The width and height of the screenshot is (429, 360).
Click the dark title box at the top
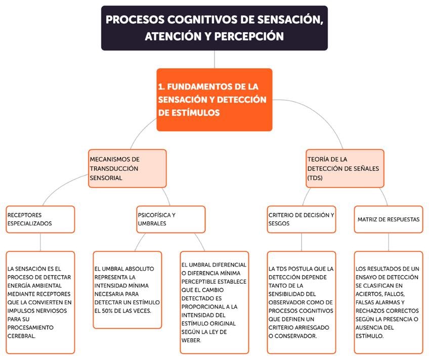coord(214,28)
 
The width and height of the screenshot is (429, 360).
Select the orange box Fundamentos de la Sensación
coord(214,100)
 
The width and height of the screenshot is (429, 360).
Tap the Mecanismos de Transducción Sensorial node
coord(127,168)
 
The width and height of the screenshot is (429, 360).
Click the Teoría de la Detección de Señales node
coord(345,168)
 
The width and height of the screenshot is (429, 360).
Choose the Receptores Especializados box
coord(40,219)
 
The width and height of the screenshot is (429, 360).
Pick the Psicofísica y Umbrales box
coord(171,219)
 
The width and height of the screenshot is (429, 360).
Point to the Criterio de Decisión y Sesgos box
coord(302,219)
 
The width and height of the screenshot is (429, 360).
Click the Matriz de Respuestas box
coord(388,219)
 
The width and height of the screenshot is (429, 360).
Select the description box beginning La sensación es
coord(40,302)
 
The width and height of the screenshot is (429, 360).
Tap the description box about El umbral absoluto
coord(127,289)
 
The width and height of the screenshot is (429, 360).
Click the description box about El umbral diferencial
coord(214,302)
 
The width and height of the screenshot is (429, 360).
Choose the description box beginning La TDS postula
coord(302,302)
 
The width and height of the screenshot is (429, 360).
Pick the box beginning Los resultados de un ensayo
coord(388,302)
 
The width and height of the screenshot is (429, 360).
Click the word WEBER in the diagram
coord(191,340)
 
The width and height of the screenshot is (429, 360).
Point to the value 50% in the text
coord(110,310)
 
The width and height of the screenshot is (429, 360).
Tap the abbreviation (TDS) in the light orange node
coord(316,178)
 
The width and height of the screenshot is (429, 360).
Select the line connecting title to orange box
coord(214,59)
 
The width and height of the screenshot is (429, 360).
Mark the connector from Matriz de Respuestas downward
coord(389,242)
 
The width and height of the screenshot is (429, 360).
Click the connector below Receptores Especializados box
coord(40,242)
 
